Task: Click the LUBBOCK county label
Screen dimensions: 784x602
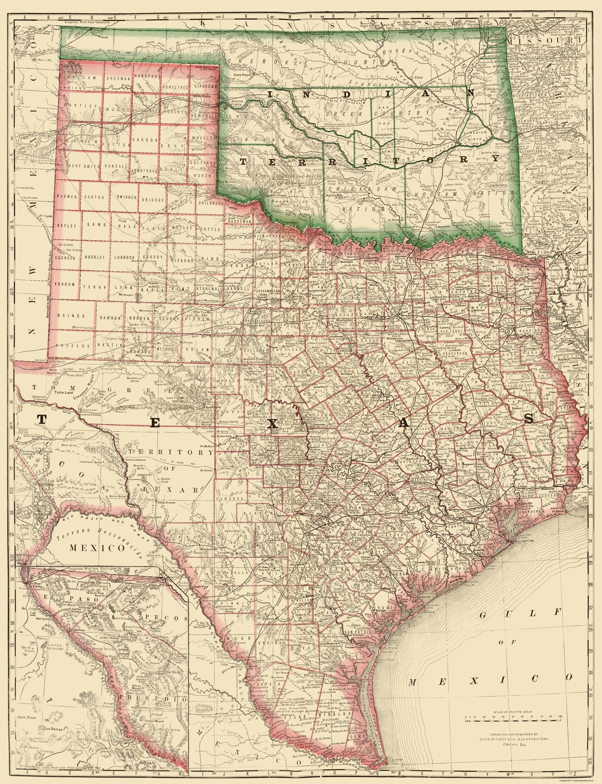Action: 124,257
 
